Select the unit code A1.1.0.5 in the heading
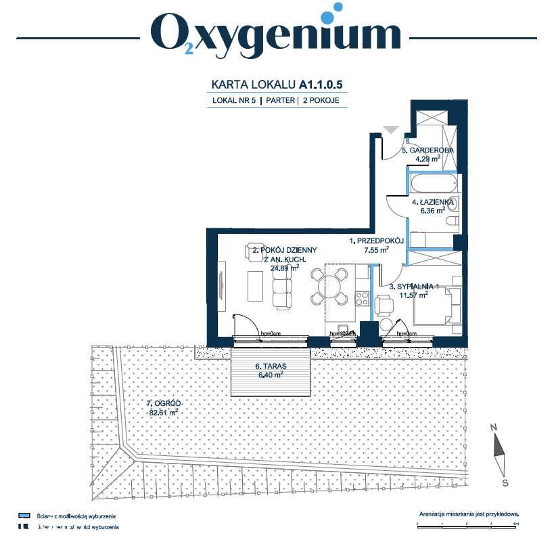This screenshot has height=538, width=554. (x=323, y=85)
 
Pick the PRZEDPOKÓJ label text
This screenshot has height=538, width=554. (x=376, y=241)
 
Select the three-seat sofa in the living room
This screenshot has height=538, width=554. (x=283, y=285)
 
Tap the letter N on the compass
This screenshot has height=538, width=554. (x=494, y=428)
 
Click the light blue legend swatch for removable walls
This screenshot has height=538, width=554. (x=24, y=515)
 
